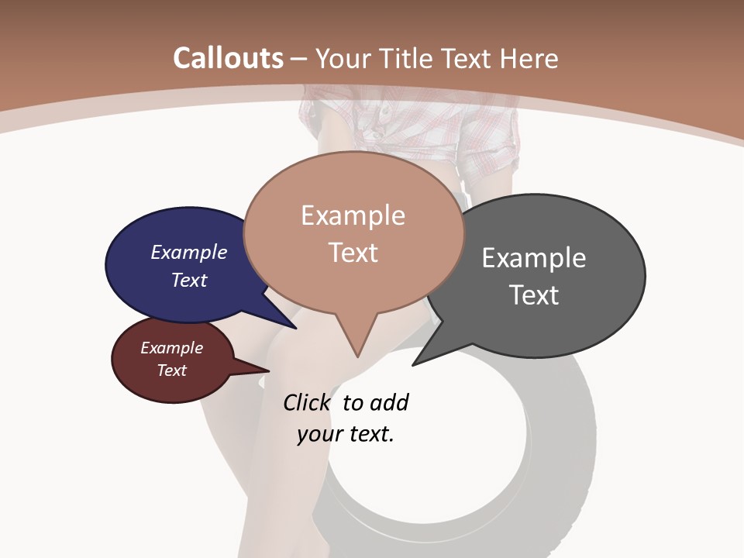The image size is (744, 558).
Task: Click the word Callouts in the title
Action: click(228, 58)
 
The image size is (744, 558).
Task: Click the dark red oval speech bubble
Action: click(155, 380)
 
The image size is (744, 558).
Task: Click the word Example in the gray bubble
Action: click(534, 258)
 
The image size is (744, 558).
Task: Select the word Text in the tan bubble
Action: click(353, 253)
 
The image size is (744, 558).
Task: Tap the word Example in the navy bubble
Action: click(189, 253)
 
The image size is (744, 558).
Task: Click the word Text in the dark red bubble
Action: click(172, 370)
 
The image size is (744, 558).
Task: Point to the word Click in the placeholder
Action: click(305, 403)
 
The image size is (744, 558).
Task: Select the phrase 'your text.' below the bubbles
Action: click(346, 435)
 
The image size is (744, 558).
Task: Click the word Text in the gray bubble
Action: click(534, 295)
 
